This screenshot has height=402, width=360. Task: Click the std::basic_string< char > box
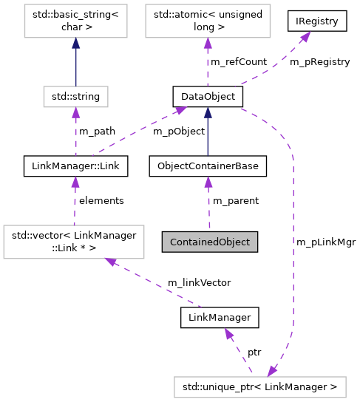[75, 21]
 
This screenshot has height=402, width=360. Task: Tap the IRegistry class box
[317, 21]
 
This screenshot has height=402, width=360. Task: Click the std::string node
[75, 96]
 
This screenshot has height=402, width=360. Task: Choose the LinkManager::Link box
[75, 166]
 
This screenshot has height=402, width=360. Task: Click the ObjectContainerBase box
[208, 166]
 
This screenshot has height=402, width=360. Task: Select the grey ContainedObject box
[210, 242]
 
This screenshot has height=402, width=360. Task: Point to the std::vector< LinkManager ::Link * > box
[71, 242]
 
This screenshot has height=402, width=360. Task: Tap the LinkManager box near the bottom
[220, 317]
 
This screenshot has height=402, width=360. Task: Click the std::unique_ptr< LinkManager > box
[259, 386]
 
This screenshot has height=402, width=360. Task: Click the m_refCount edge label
[239, 62]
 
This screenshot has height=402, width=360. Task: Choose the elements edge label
[101, 200]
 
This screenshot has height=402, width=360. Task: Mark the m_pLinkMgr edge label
[326, 242]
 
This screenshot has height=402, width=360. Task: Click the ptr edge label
[254, 352]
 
